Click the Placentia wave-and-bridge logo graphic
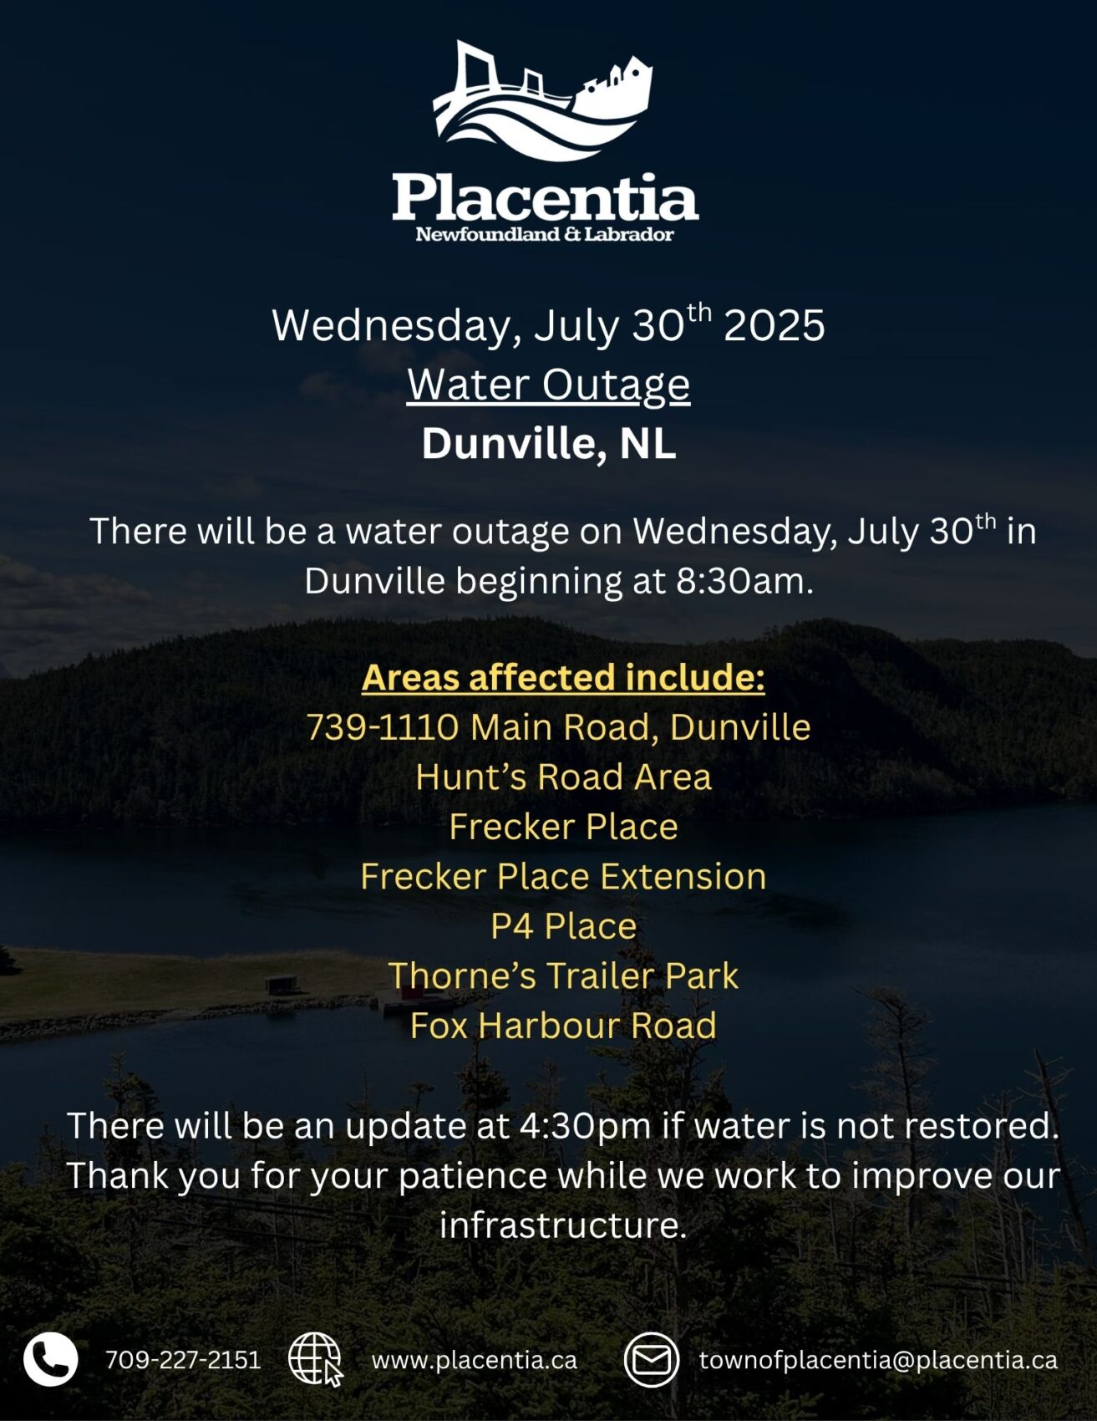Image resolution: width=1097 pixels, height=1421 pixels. point(543,101)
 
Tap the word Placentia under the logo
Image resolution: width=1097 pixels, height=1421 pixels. point(546,197)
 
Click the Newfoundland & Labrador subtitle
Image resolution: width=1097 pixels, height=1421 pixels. point(545,234)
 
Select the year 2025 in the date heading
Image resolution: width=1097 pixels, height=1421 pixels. point(775,325)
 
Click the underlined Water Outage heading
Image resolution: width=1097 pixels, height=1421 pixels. point(549,385)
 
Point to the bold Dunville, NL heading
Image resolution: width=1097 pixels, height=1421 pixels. point(549,444)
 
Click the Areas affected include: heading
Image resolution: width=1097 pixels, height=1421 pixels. point(563,677)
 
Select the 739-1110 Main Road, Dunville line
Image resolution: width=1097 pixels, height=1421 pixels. point(558,727)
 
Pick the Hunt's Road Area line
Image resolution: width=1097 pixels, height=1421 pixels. point(563,777)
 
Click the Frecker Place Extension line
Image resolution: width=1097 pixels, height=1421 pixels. point(563,876)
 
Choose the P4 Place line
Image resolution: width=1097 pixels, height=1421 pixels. point(563,926)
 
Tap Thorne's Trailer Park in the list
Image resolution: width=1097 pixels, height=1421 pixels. point(563,975)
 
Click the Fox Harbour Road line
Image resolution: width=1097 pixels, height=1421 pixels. point(563,1026)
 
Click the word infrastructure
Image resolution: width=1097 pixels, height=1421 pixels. point(563,1225)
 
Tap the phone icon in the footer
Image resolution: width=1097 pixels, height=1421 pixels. point(50,1359)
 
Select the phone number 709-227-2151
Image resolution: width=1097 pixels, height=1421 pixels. point(183,1360)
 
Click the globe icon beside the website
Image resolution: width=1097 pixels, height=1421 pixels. point(316,1360)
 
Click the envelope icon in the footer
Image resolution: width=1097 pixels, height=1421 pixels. point(652,1360)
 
